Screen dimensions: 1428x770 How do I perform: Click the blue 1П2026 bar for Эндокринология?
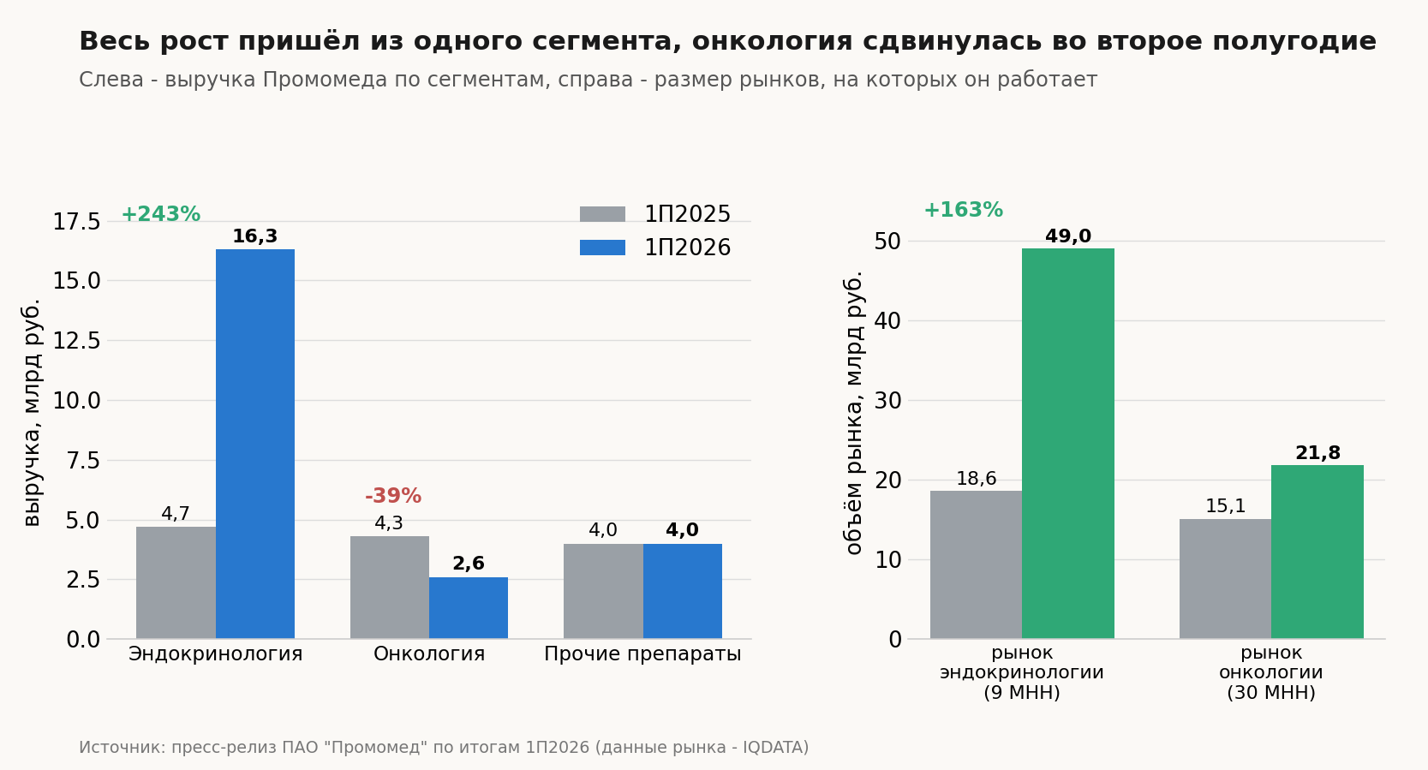(255, 444)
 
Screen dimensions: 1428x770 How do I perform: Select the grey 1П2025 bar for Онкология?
(390, 587)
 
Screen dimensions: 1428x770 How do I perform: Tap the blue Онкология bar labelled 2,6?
(469, 608)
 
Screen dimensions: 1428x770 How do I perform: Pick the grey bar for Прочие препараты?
(603, 591)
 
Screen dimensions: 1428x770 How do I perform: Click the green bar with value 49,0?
(1068, 444)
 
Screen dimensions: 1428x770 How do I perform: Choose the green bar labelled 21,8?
(1317, 552)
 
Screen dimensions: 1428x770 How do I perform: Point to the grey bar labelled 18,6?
(976, 564)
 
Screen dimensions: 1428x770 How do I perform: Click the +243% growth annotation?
(161, 214)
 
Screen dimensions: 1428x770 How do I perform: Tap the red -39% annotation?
(393, 496)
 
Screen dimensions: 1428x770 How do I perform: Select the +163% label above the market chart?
(963, 210)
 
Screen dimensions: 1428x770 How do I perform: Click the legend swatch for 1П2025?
(602, 214)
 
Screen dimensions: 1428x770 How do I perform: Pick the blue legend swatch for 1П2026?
(602, 248)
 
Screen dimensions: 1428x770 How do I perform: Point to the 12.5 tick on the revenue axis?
(76, 341)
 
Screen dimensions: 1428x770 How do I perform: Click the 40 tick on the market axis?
(887, 320)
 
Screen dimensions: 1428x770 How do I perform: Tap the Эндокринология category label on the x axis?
(216, 654)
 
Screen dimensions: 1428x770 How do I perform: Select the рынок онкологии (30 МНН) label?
(1271, 672)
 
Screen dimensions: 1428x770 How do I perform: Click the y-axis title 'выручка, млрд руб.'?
(31, 413)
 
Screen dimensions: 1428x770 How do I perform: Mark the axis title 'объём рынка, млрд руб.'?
(853, 413)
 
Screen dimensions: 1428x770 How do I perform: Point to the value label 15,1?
(1225, 506)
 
